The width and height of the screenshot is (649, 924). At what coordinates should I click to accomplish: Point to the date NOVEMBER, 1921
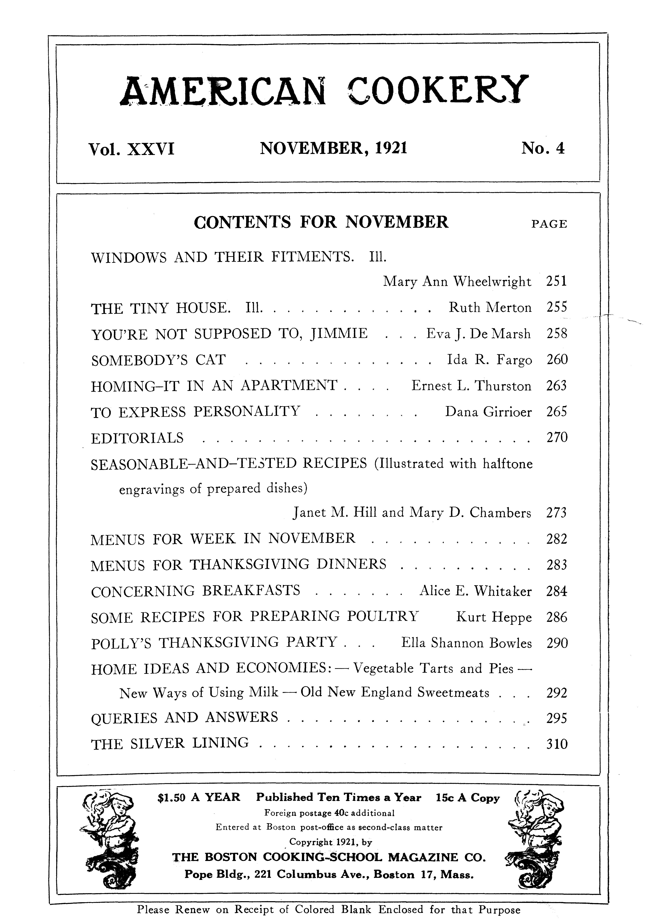point(334,149)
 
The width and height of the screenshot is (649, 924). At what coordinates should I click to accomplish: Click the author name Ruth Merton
point(490,308)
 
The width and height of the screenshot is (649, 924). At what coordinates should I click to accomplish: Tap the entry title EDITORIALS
point(137,438)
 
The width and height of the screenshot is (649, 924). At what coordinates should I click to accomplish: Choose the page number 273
point(557,513)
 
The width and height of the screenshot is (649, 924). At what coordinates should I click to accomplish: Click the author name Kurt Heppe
point(494,617)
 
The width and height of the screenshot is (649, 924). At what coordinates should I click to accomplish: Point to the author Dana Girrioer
point(488,412)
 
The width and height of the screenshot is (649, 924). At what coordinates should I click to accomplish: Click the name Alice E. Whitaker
point(475,591)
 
